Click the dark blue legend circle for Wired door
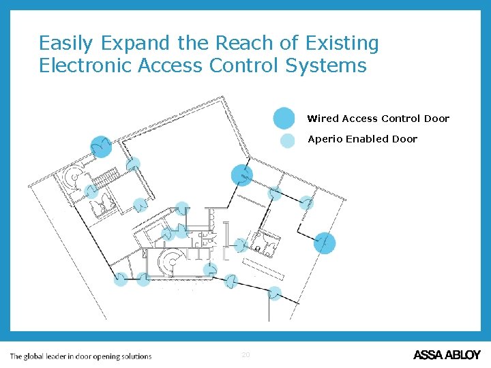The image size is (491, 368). pos(284,118)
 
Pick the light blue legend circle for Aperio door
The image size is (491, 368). pos(288,140)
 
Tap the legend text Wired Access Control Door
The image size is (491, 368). pos(378,119)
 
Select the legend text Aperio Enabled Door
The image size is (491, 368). pos(362,139)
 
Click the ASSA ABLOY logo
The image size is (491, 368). pos(447,355)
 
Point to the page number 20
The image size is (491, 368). pos(246,355)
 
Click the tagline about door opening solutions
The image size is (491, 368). pos(80,356)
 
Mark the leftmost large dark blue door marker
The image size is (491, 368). pos(102,147)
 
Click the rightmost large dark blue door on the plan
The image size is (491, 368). pos(325,243)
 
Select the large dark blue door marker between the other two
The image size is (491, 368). pos(242,175)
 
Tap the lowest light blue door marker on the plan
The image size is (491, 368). pos(274,293)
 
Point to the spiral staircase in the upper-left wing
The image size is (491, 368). pos(72,178)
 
